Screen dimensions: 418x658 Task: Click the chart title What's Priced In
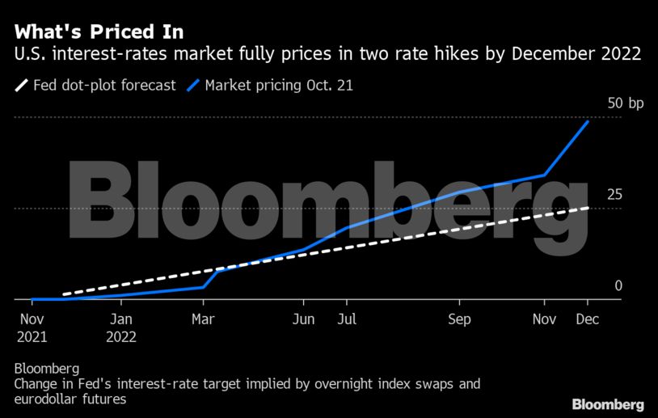pyautogui.click(x=98, y=32)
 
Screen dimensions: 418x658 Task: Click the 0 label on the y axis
pyautogui.click(x=618, y=285)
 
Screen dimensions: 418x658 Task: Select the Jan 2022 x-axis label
pyautogui.click(x=120, y=327)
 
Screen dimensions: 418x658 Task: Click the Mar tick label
pyautogui.click(x=203, y=319)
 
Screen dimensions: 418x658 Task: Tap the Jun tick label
pyautogui.click(x=302, y=319)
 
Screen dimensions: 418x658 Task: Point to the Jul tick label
pyautogui.click(x=346, y=319)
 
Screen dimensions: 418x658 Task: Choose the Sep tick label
pyautogui.click(x=459, y=319)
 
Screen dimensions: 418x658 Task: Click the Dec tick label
pyautogui.click(x=587, y=319)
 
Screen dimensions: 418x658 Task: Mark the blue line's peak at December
pyautogui.click(x=588, y=120)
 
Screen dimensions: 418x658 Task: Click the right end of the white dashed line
pyautogui.click(x=588, y=208)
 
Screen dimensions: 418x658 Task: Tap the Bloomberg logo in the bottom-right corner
pyautogui.click(x=608, y=403)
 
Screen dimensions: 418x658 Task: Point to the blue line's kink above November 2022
pyautogui.click(x=544, y=175)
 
